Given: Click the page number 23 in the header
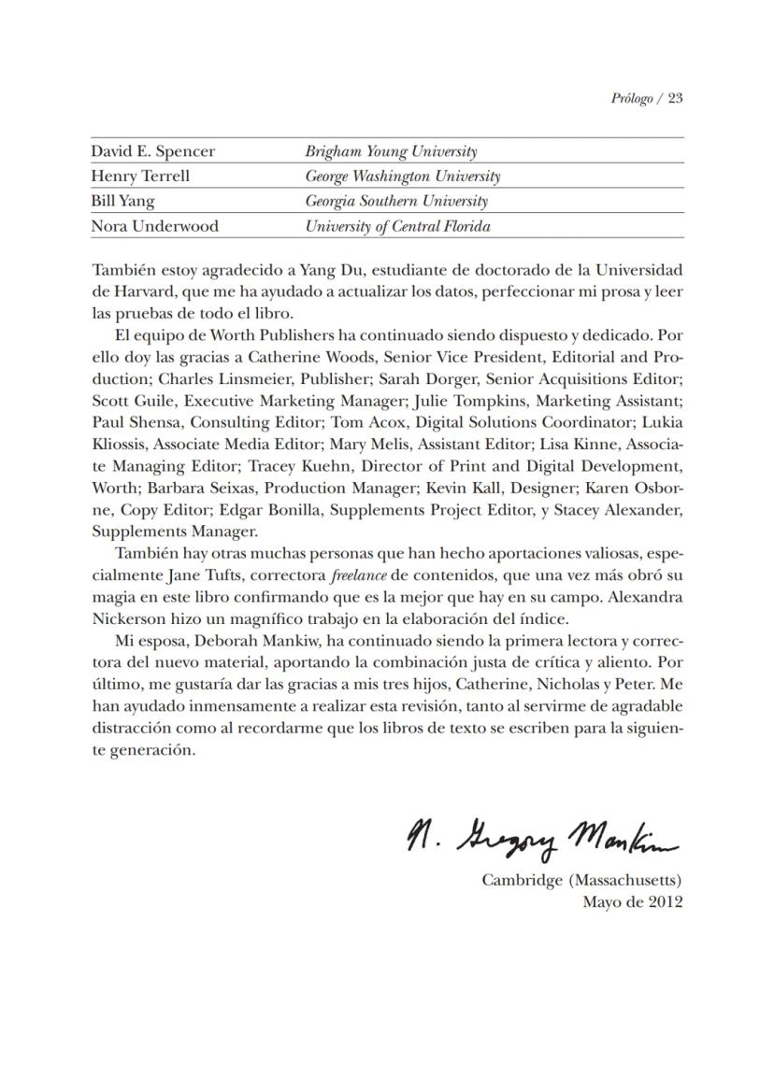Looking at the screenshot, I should click(675, 99).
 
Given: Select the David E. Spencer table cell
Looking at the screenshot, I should click(152, 151).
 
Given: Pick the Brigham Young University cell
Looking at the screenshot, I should click(391, 151).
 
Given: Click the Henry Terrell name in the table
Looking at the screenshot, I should click(140, 176).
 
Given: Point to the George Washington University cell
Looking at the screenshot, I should click(402, 176).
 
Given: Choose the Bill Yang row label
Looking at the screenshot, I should click(122, 201).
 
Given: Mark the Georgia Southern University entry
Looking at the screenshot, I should click(396, 201).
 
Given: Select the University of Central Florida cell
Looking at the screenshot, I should click(397, 226).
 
